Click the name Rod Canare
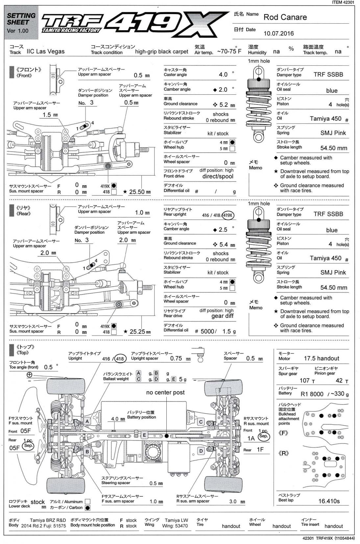pyautogui.click(x=285, y=17)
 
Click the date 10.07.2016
pyautogui.click(x=278, y=33)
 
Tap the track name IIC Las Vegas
pyautogui.click(x=45, y=51)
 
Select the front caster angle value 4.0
pyautogui.click(x=223, y=75)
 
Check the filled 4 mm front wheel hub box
pyautogui.click(x=232, y=142)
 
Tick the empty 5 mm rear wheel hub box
pyautogui.click(x=232, y=288)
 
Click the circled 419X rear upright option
pyautogui.click(x=228, y=216)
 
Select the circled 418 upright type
pyautogui.click(x=120, y=359)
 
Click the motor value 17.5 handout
pyautogui.click(x=321, y=358)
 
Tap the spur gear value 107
pyautogui.click(x=304, y=380)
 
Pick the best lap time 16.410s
pyautogui.click(x=329, y=501)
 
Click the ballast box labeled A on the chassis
pyautogui.click(x=87, y=421)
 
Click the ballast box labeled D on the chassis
pyautogui.click(x=201, y=451)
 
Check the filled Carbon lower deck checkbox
pyautogui.click(x=87, y=508)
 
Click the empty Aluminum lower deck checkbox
pyautogui.click(x=87, y=502)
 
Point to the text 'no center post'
pyautogui.click(x=165, y=392)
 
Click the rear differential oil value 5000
pyautogui.click(x=207, y=331)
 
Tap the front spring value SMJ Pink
pyautogui.click(x=333, y=133)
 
